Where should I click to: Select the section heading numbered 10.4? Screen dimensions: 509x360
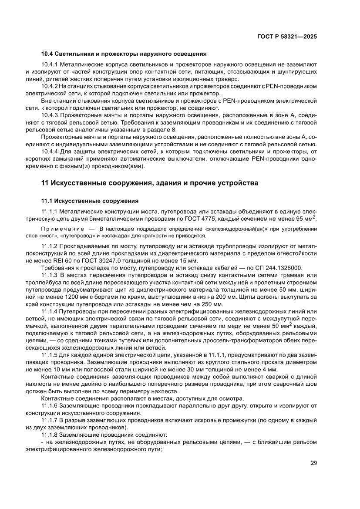click(124, 54)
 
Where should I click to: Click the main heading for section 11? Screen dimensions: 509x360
click(150, 183)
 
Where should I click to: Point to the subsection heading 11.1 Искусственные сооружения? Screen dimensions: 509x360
click(90, 201)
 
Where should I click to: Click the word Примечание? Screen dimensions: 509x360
click(61, 229)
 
